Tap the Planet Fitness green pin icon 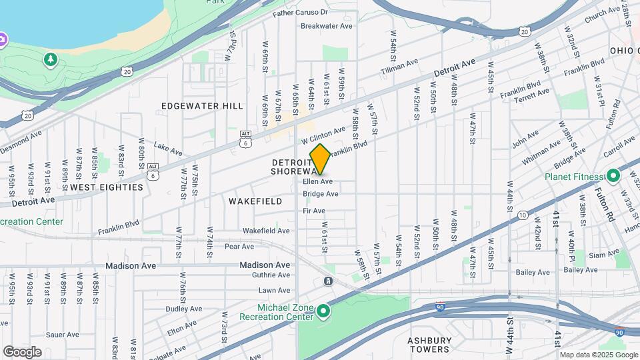(x=613, y=177)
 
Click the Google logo (x=22, y=352)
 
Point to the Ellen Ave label (x=317, y=181)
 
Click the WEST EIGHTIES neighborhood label (x=107, y=187)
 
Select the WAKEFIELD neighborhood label (x=255, y=201)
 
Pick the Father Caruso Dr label (x=300, y=12)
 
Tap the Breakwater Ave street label (x=326, y=26)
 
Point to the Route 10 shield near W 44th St (x=523, y=215)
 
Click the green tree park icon (x=51, y=61)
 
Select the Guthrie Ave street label (x=271, y=275)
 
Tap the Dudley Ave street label (x=183, y=309)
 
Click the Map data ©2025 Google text (x=599, y=354)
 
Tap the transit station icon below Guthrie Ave (x=328, y=281)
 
